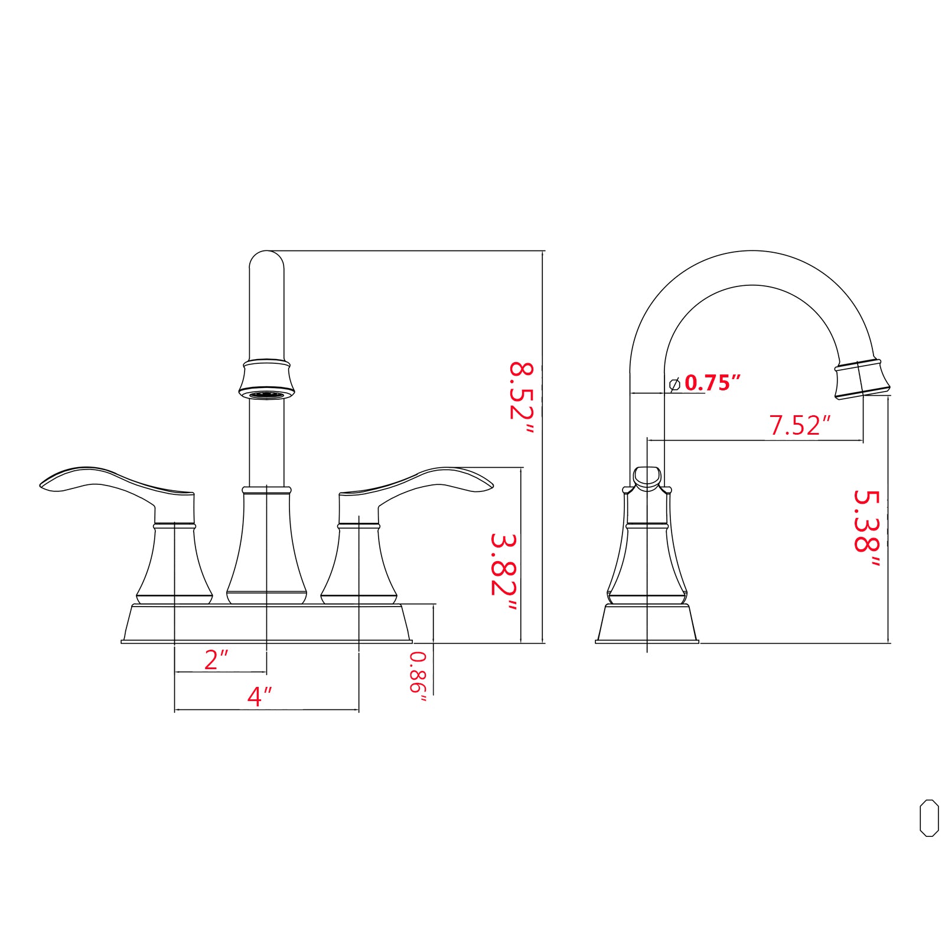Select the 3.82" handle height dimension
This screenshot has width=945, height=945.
503,573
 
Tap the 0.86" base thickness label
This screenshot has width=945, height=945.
418,676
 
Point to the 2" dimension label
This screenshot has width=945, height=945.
216,660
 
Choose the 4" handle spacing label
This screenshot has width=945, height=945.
259,696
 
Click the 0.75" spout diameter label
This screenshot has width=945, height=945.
712,383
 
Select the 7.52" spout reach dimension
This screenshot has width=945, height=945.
800,425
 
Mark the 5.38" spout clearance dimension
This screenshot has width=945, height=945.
867,529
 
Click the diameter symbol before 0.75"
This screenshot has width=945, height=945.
674,384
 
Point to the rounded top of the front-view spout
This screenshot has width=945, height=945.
266,260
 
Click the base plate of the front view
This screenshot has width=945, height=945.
266,623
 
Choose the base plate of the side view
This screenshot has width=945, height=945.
647,623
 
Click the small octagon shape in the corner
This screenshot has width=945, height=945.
929,818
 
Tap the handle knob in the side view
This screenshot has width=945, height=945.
647,476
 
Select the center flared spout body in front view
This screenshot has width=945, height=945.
266,549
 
